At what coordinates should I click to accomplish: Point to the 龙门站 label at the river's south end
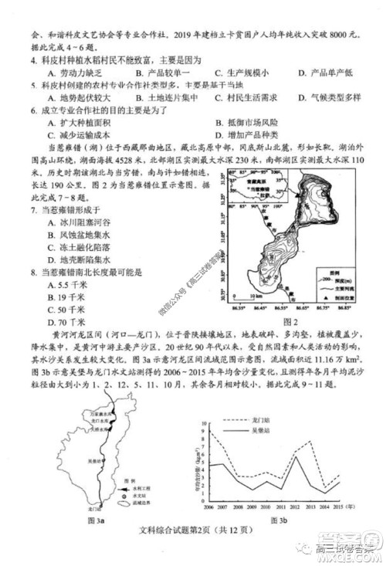tap(95, 509)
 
